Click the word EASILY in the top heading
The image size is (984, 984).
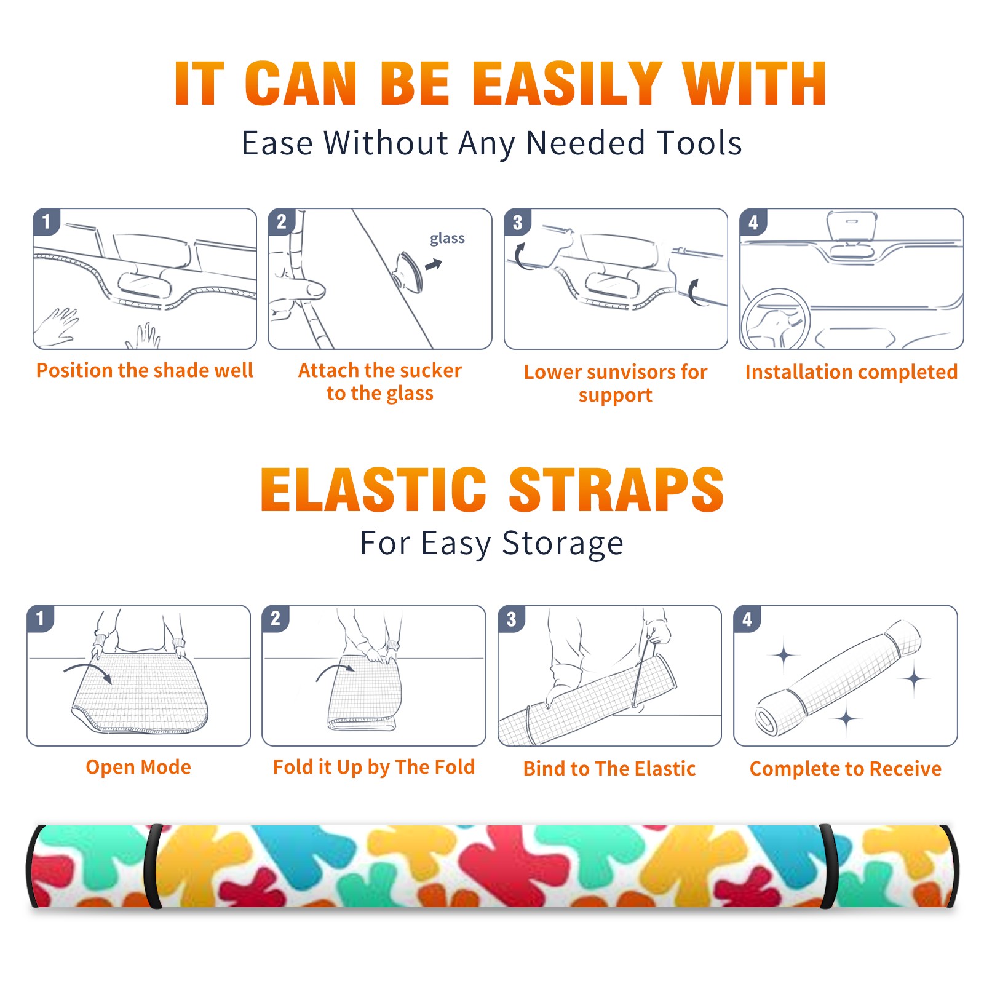(567, 84)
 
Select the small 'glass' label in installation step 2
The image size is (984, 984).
(447, 239)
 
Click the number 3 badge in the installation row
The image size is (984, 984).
(517, 222)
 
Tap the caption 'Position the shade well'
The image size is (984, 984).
(145, 370)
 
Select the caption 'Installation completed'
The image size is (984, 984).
(851, 371)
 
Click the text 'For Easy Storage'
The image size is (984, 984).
(491, 544)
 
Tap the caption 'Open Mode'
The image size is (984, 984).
(138, 767)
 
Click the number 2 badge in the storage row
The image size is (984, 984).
(276, 618)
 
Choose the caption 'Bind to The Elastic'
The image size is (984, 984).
(609, 768)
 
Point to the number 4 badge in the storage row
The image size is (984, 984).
(747, 619)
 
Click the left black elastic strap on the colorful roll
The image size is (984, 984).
(153, 867)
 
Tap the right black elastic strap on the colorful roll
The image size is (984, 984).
(828, 867)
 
